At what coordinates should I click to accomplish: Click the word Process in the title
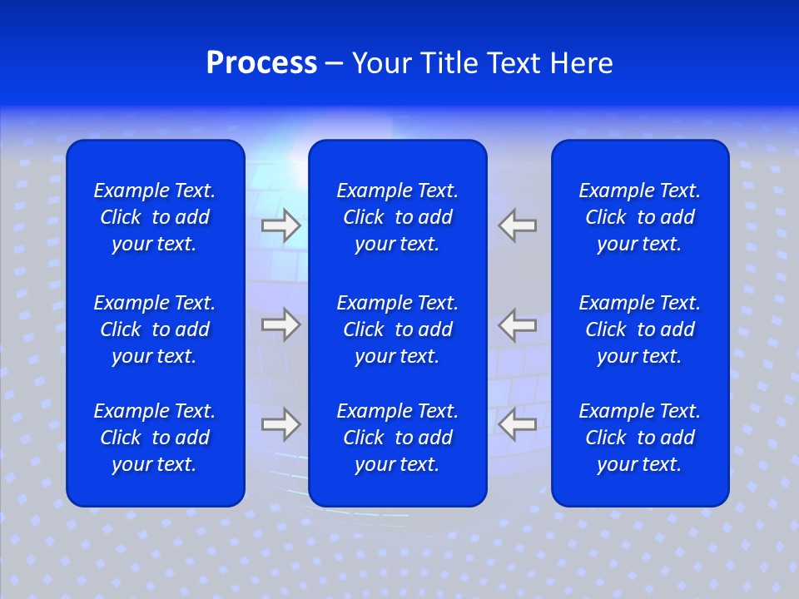click(261, 63)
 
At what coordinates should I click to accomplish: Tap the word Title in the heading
click(448, 63)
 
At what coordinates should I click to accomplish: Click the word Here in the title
click(581, 63)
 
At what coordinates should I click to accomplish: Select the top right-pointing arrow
click(280, 225)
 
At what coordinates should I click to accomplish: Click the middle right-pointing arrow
click(280, 324)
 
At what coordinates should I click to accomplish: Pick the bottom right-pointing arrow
click(280, 424)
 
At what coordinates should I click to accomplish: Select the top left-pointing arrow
click(518, 225)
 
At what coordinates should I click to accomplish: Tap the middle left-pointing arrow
click(518, 324)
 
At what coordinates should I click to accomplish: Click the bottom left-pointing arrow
click(518, 424)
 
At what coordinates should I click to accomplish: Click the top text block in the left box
click(155, 217)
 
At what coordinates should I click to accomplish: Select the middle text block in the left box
click(155, 329)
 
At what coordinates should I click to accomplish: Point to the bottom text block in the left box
click(155, 438)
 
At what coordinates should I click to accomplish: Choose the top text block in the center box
click(397, 217)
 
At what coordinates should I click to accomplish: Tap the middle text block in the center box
click(397, 329)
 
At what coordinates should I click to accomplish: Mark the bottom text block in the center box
click(397, 438)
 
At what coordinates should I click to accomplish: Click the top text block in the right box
click(639, 217)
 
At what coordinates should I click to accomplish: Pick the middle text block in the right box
click(639, 329)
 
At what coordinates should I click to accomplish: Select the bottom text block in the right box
click(639, 438)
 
